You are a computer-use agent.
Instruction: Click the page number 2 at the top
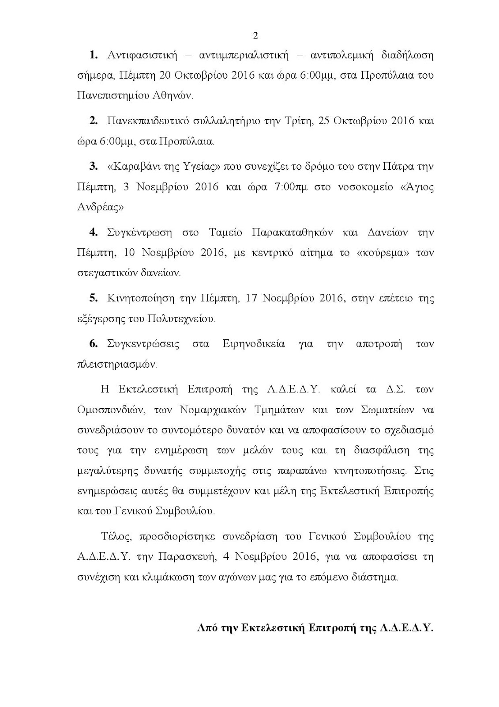pos(255,36)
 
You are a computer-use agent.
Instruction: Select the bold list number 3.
pos(94,166)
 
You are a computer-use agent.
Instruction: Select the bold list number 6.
pos(94,344)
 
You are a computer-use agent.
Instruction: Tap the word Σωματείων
pos(383,410)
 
